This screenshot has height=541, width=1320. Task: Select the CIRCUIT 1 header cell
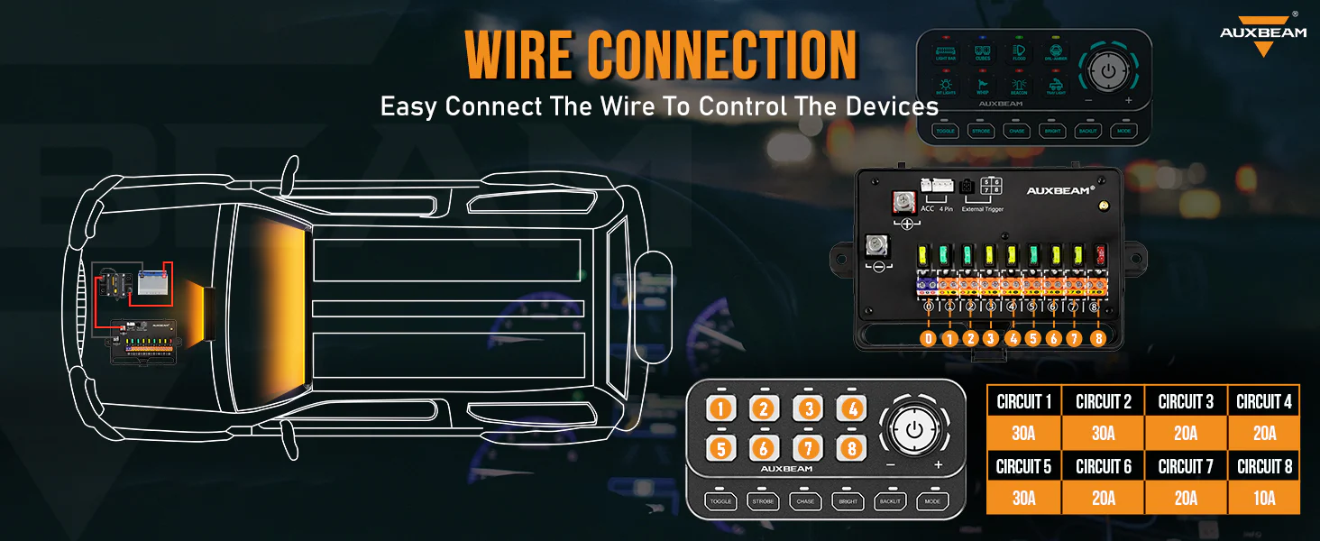point(1023,402)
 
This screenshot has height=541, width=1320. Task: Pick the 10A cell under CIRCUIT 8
point(1264,498)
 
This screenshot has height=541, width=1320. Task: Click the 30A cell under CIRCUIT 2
point(1103,434)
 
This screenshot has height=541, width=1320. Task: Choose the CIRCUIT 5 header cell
point(1023,466)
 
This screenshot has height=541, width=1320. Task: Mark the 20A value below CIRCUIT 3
point(1185,434)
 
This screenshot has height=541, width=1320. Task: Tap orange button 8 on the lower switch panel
point(851,446)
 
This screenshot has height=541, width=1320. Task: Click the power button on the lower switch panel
point(914,428)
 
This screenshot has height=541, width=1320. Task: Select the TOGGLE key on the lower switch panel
point(720,501)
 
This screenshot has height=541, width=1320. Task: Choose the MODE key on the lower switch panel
point(932,501)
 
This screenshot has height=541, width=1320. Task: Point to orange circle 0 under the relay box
point(928,339)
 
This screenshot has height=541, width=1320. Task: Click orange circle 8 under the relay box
point(1097,339)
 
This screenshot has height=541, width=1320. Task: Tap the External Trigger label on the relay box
point(983,209)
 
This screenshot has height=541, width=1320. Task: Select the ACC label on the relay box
point(927,208)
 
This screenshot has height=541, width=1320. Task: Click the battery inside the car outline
point(153,284)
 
